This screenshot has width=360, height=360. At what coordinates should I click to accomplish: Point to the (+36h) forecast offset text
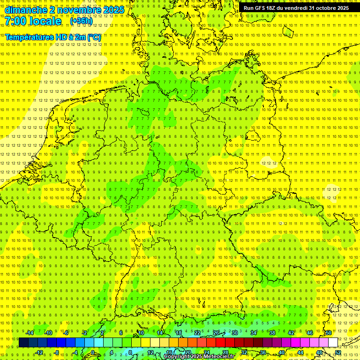click(x=81, y=21)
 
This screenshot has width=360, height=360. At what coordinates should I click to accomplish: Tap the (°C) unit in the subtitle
click(x=94, y=37)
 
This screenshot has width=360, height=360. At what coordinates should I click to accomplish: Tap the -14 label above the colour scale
click(x=30, y=333)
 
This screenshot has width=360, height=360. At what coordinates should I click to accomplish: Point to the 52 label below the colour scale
click(x=337, y=352)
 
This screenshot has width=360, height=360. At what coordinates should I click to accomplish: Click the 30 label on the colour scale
click(x=234, y=333)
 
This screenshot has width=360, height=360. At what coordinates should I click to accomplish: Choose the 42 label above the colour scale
click(x=291, y=333)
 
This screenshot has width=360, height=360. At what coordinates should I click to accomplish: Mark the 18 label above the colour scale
click(x=178, y=333)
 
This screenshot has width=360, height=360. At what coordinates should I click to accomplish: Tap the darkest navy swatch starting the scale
click(x=23, y=343)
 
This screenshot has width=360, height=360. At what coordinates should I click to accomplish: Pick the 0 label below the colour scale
click(x=93, y=352)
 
